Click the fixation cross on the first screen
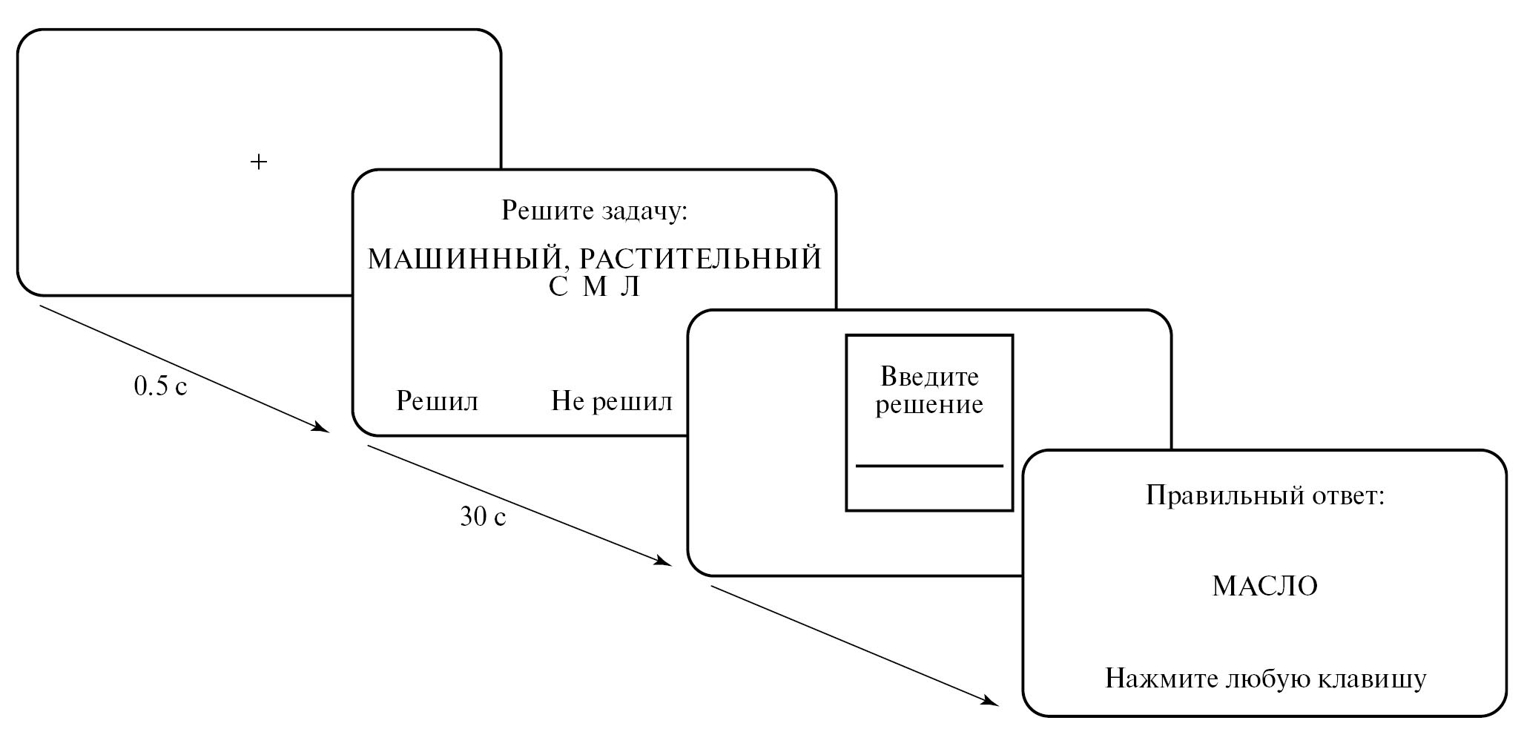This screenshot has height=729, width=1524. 258,162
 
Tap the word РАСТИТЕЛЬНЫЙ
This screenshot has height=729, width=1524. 699,260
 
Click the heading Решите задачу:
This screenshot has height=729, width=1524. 595,211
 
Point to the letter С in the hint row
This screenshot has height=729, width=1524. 558,288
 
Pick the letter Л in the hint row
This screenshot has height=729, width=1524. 629,288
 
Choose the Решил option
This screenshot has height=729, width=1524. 437,401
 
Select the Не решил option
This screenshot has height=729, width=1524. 611,401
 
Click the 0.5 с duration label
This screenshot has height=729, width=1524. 160,386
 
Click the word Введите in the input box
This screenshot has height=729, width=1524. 929,377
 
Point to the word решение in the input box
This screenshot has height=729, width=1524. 929,405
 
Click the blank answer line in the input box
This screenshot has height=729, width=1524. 929,466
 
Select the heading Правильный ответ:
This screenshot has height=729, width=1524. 1265,495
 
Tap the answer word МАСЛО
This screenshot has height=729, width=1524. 1264,587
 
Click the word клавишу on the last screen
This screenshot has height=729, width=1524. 1370,679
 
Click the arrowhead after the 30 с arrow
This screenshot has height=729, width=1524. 662,561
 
